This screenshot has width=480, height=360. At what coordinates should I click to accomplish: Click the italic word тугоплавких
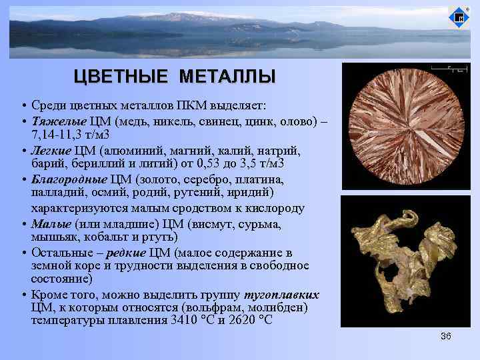click(x=282, y=295)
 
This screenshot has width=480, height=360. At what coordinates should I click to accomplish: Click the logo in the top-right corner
click(x=459, y=19)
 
